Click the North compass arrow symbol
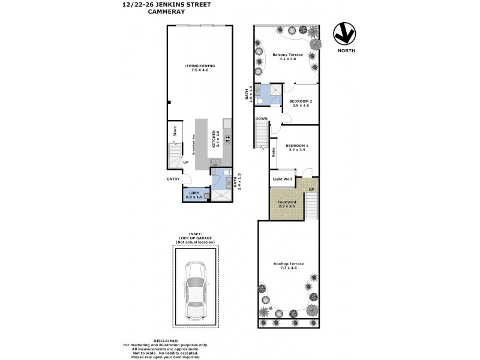click(x=345, y=35)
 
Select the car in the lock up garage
click(x=196, y=290)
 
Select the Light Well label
click(x=282, y=179)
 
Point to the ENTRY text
click(x=173, y=179)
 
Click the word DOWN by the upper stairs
click(x=261, y=119)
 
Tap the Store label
click(x=174, y=130)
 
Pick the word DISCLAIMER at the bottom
click(x=166, y=340)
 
